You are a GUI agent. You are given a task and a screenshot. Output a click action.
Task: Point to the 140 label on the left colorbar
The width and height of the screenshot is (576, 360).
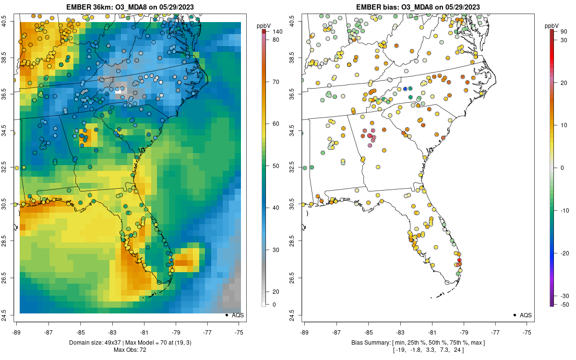[x=277, y=32]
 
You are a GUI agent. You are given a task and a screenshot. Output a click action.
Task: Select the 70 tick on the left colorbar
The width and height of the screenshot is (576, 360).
[x=276, y=82]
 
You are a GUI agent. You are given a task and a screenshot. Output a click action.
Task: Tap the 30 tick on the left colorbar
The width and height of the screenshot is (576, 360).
[x=276, y=250]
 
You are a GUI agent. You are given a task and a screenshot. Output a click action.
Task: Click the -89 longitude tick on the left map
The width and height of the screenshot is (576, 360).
[x=16, y=332]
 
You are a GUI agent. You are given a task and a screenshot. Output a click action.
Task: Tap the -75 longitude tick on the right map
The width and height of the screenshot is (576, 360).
[x=527, y=332]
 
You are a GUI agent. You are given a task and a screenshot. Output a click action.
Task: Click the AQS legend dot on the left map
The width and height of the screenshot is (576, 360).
[x=226, y=315]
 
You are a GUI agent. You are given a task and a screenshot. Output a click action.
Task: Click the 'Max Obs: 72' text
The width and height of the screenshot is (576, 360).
[x=130, y=349]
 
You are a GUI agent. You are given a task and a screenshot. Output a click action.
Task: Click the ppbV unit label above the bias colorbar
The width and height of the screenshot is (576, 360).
[x=552, y=25]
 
